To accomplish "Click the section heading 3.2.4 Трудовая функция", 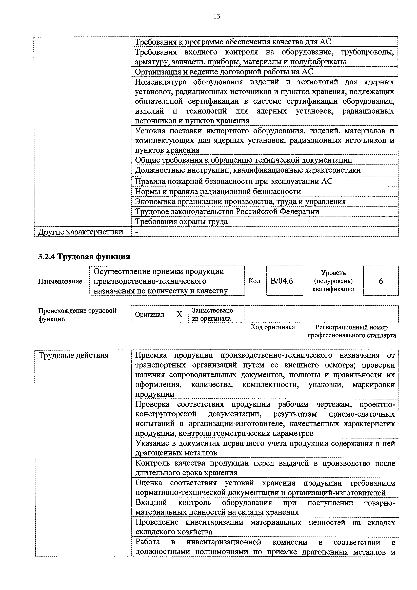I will pos(84,256).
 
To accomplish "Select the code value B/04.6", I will pos(282,281).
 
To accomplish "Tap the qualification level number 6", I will pos(381,281).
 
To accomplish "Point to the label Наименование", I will pos(60,281).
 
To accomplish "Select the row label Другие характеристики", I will pos(81,232).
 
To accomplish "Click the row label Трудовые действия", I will pos(73,355).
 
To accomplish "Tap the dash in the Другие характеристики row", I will pos(137,232).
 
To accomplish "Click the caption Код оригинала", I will pos(273,327).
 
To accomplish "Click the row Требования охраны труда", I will pos(181,222).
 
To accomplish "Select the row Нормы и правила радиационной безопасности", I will pos(218,191).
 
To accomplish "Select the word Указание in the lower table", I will pos(152,443).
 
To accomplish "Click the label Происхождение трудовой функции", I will pos(77,315).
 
